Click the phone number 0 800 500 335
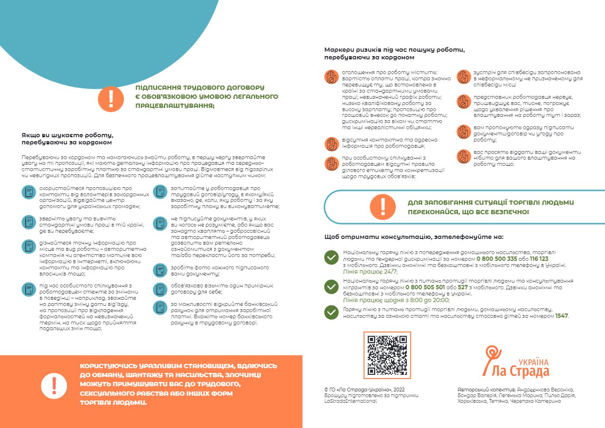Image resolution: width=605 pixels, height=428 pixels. pyautogui.click(x=496, y=259)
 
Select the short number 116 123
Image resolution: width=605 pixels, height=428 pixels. pyautogui.click(x=539, y=259)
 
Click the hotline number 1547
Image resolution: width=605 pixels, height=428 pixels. pyautogui.click(x=561, y=315)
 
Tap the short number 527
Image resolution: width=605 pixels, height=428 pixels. pyautogui.click(x=463, y=287)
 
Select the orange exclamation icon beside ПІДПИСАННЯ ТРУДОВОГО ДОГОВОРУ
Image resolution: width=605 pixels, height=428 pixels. pyautogui.click(x=111, y=98)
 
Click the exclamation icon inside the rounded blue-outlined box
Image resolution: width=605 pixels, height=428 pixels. pyautogui.click(x=382, y=207)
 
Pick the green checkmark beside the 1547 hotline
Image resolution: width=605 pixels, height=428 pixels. pyautogui.click(x=331, y=312)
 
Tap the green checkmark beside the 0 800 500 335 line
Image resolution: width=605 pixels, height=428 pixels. pyautogui.click(x=331, y=257)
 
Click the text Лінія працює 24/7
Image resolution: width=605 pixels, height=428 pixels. pyautogui.click(x=370, y=272)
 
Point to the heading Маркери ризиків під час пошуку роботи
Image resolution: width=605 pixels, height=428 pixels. pyautogui.click(x=394, y=49)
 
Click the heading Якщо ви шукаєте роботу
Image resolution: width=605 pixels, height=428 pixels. pyautogui.click(x=67, y=135)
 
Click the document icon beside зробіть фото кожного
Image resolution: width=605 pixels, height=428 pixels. pyautogui.click(x=159, y=270)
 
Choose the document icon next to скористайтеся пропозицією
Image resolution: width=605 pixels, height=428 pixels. pyautogui.click(x=29, y=192)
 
